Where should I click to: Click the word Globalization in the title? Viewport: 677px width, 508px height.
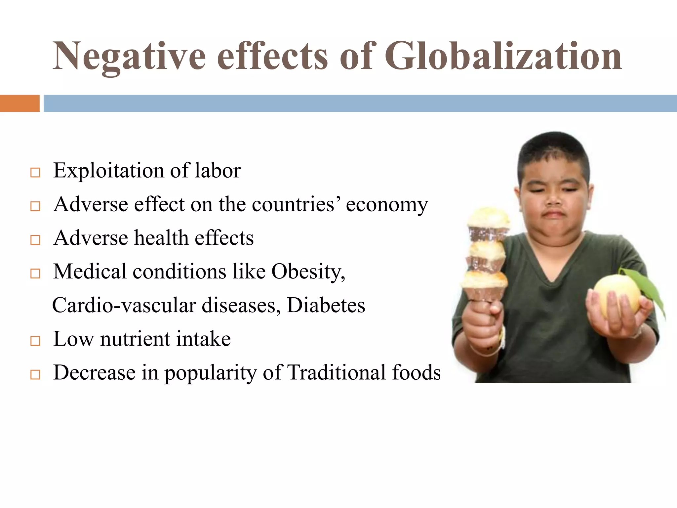[x=503, y=56]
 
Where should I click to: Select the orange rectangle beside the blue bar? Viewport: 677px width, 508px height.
[x=20, y=103]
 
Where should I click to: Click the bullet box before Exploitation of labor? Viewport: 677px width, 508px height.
[x=35, y=173]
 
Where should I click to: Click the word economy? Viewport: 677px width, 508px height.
[x=387, y=205]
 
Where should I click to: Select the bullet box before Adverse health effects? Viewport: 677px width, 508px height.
[x=35, y=240]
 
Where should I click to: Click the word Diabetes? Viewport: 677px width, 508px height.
[x=326, y=305]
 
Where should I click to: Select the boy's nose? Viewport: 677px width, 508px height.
[x=554, y=198]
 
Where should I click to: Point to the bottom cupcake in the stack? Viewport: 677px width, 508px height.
[x=485, y=284]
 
